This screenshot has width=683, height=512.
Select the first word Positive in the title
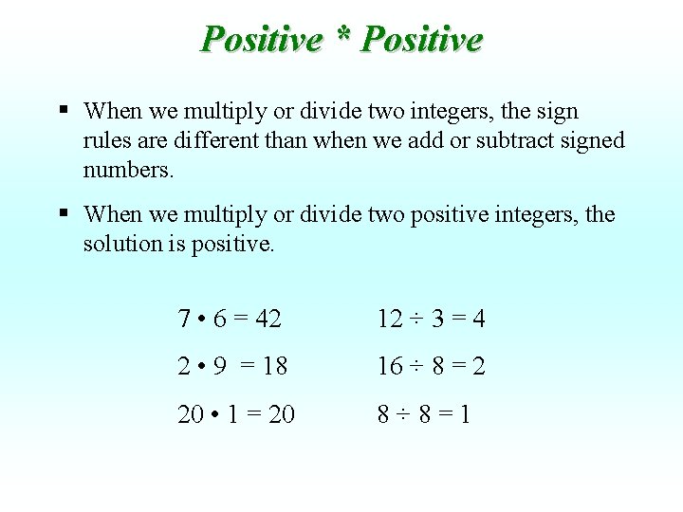(262, 40)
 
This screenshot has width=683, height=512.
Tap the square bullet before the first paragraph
(63, 109)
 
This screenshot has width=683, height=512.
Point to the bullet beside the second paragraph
(63, 212)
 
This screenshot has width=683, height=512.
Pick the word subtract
(521, 140)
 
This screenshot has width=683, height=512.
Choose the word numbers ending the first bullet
(130, 170)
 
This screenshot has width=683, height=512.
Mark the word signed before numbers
(593, 140)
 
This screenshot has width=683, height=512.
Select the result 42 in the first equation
(268, 320)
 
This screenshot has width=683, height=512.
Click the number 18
(274, 367)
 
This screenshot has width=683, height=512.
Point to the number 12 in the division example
(390, 320)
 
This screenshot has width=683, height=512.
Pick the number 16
(390, 367)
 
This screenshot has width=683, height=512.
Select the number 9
(220, 367)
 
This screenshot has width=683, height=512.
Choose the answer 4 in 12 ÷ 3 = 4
(478, 320)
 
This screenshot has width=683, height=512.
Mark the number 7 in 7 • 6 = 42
(184, 320)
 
